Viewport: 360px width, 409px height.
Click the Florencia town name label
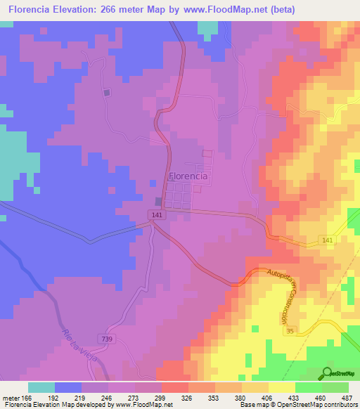188,176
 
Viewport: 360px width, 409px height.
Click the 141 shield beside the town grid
157,214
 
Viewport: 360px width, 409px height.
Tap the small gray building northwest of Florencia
107,93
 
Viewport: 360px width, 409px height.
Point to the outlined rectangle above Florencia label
207,153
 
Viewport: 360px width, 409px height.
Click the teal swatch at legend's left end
41,387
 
